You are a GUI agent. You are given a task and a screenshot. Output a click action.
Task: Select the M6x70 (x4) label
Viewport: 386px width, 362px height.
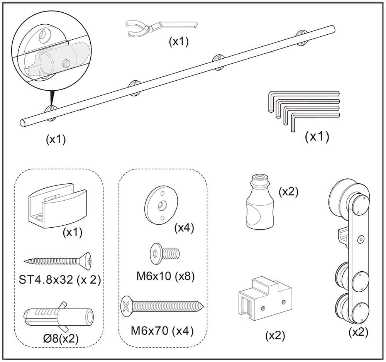[162, 331]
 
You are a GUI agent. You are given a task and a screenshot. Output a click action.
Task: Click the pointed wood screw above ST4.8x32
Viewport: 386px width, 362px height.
[58, 262]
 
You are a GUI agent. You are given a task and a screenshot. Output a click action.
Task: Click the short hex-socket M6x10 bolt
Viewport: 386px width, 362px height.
[164, 254]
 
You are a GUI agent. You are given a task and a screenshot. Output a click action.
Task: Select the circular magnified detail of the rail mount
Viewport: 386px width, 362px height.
[50, 50]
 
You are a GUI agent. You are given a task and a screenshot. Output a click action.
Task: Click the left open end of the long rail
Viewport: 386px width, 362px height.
[24, 123]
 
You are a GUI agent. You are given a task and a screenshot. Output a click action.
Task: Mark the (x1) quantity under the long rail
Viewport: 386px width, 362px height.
[56, 140]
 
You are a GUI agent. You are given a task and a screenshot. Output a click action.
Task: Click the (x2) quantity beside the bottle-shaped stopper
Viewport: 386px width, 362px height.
[288, 192]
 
